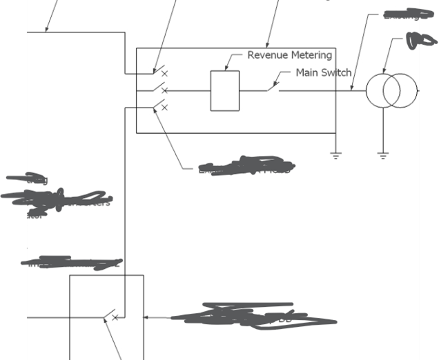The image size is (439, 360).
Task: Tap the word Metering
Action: point(311,55)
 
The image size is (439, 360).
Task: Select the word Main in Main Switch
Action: point(307,72)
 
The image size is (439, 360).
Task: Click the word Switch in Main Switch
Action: point(336,72)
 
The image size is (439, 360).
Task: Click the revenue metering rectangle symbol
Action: point(225,90)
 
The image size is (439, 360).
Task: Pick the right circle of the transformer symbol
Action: point(400,90)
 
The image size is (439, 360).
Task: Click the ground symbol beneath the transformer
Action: point(383,156)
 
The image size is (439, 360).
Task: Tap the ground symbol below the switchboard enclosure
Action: point(335,155)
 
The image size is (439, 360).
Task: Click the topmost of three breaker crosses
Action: point(164,73)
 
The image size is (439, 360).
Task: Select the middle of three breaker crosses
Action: point(164,90)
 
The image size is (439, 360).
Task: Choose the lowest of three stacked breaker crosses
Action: point(164,108)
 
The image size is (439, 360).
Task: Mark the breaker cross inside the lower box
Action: point(115,318)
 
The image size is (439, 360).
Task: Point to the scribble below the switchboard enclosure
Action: point(246,166)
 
